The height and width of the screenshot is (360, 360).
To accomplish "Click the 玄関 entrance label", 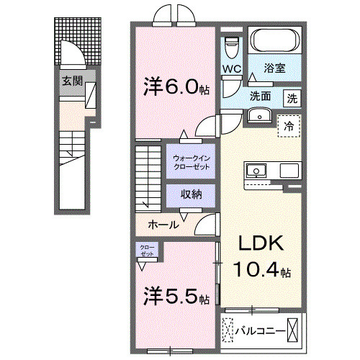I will [x=70, y=81].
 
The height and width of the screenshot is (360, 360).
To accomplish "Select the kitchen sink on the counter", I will [x=256, y=171].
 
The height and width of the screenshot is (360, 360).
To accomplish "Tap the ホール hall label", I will [x=163, y=225].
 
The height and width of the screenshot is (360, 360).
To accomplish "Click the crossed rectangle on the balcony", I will [x=293, y=329].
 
